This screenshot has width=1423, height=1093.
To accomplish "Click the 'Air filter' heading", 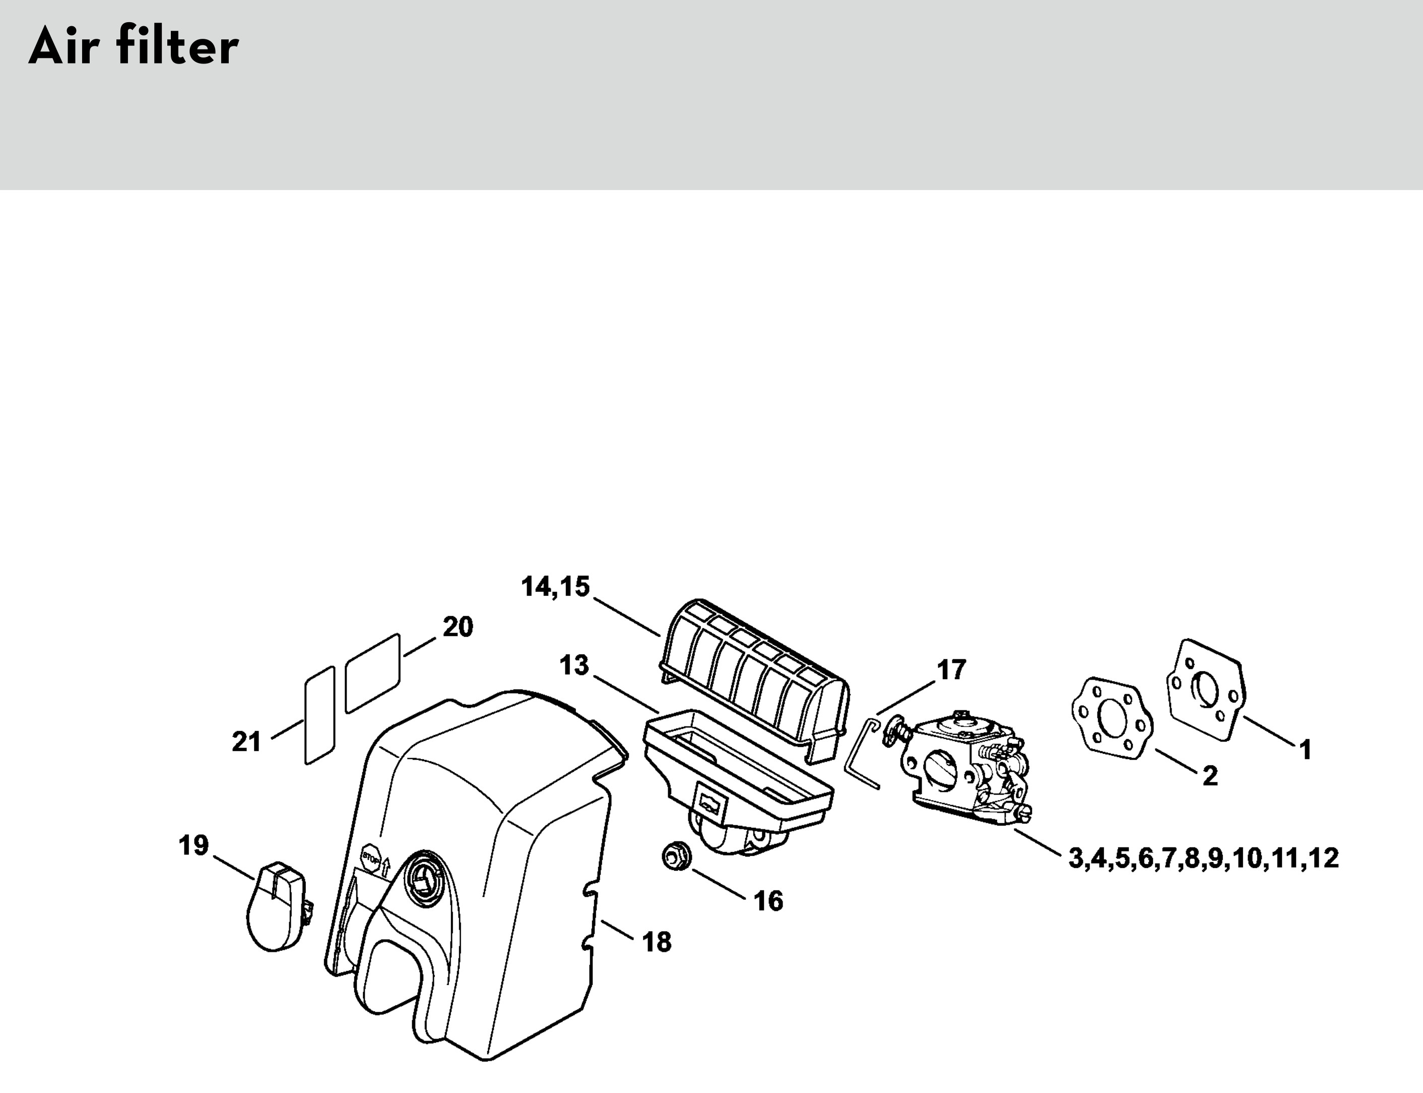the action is pos(134,47).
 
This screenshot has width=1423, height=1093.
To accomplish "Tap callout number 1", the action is pos(1305,750).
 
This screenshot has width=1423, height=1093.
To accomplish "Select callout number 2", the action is pos(1210,776).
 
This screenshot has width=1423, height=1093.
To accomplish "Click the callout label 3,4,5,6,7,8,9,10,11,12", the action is pos(1204,859).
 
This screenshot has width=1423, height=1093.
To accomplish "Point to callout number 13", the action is pos(574,665).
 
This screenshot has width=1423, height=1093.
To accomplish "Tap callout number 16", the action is pos(769,902).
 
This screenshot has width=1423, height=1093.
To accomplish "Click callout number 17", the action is pos(951,670).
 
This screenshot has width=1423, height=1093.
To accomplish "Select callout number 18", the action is pos(657,942).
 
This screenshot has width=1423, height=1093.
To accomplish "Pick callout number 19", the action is pos(194,846).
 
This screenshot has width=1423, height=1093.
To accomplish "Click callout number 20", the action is pos(458,627).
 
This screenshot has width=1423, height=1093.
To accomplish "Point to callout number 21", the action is pos(246,742).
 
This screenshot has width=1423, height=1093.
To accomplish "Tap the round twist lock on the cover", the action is pos(424,876).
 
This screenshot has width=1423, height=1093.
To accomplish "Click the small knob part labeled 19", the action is pos(278,907).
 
